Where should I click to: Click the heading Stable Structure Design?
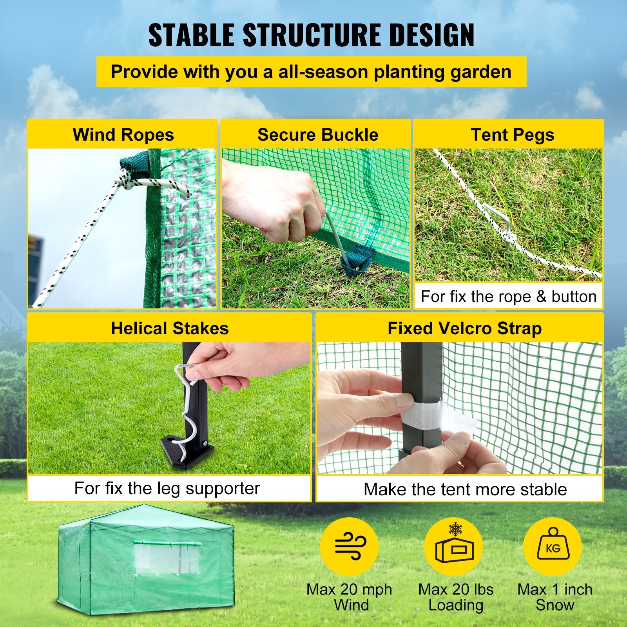(311, 35)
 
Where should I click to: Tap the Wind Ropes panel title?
(123, 135)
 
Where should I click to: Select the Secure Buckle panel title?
(317, 135)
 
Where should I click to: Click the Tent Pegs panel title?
(512, 135)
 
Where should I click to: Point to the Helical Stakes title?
(169, 328)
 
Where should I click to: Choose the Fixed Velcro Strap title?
(464, 328)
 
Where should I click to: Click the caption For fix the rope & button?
(508, 296)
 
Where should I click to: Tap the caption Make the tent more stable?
(465, 489)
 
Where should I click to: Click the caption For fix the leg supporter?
(167, 489)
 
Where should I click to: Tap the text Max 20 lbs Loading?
(456, 597)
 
